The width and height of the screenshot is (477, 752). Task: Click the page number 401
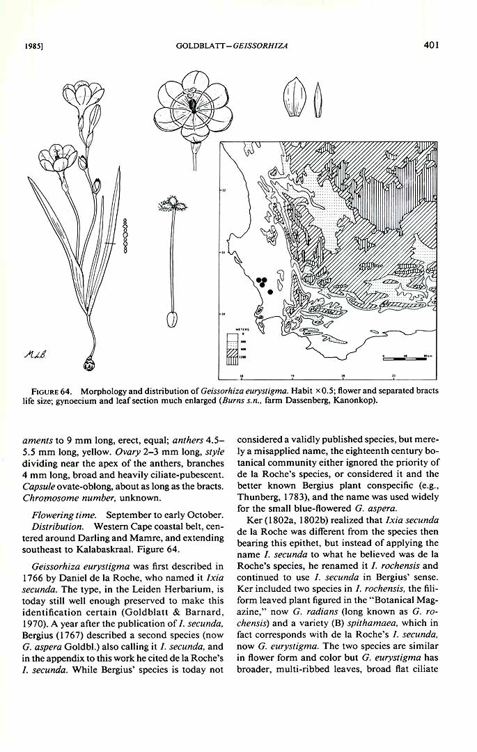tap(431, 45)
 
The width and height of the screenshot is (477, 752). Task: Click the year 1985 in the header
tap(30, 47)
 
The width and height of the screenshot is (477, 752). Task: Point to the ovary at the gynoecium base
tap(170, 319)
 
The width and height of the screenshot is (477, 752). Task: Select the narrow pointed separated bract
tap(318, 100)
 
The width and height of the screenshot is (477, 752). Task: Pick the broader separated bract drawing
tap(292, 97)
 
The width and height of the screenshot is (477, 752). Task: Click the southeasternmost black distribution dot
tap(270, 292)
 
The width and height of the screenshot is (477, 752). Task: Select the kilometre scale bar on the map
tap(405, 358)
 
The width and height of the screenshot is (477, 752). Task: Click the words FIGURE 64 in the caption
tap(51, 391)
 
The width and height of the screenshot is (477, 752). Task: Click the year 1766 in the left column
tap(32, 577)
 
